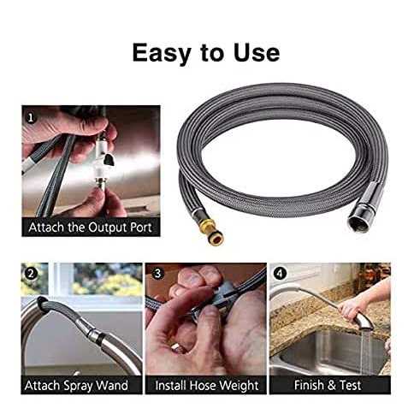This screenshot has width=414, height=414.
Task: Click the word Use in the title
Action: (257, 53)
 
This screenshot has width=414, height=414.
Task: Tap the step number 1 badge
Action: (31, 117)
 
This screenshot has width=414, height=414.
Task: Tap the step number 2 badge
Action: (31, 274)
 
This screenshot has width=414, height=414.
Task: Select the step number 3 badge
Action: (157, 274)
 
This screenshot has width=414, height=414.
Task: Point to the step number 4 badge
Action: (280, 274)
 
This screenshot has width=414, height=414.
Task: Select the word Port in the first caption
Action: (141, 228)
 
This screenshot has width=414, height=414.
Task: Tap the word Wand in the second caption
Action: (112, 385)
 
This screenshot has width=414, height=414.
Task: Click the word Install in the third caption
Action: (171, 385)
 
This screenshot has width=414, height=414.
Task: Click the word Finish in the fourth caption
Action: (309, 385)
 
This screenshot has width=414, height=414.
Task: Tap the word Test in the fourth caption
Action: (350, 385)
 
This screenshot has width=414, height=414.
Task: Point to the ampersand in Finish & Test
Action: (331, 385)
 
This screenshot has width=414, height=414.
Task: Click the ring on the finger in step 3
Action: (177, 347)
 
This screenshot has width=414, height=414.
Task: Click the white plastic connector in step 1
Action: (103, 160)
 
